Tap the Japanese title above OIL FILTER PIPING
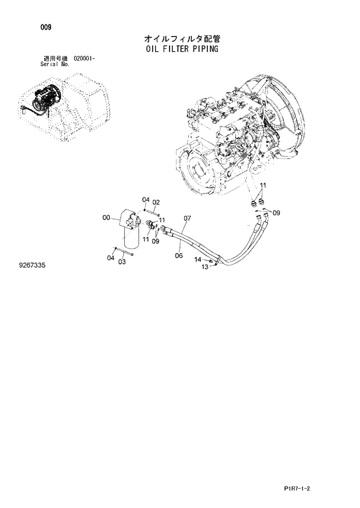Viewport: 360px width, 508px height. pos(182,38)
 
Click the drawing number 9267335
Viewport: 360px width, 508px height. pos(33,265)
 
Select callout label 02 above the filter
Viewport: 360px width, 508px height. pos(156,202)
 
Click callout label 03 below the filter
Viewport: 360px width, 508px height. pos(122,262)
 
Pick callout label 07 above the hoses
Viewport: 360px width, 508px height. pos(187,219)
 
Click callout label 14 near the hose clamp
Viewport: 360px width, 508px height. pos(197,260)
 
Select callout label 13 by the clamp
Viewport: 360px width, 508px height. pos(204,267)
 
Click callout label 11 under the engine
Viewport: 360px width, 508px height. pos(262,186)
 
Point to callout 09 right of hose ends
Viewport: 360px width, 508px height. pos(276,213)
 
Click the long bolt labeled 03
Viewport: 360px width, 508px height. pos(125,251)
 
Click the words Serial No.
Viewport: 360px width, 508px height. pos(55,64)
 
